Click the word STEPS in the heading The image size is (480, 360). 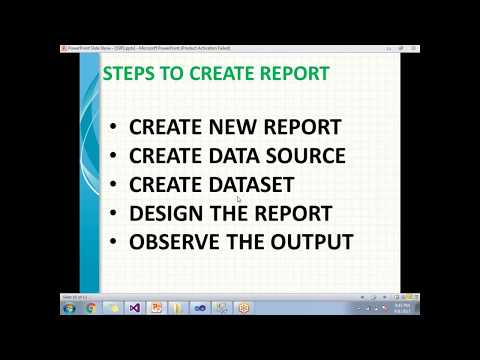[129, 74]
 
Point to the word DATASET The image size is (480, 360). [251, 185]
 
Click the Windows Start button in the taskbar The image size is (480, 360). [68, 308]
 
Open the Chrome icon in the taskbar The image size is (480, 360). [91, 308]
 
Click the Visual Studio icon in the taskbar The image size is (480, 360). [135, 308]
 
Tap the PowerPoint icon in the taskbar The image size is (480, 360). [156, 308]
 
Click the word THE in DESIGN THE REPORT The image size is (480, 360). [232, 214]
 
